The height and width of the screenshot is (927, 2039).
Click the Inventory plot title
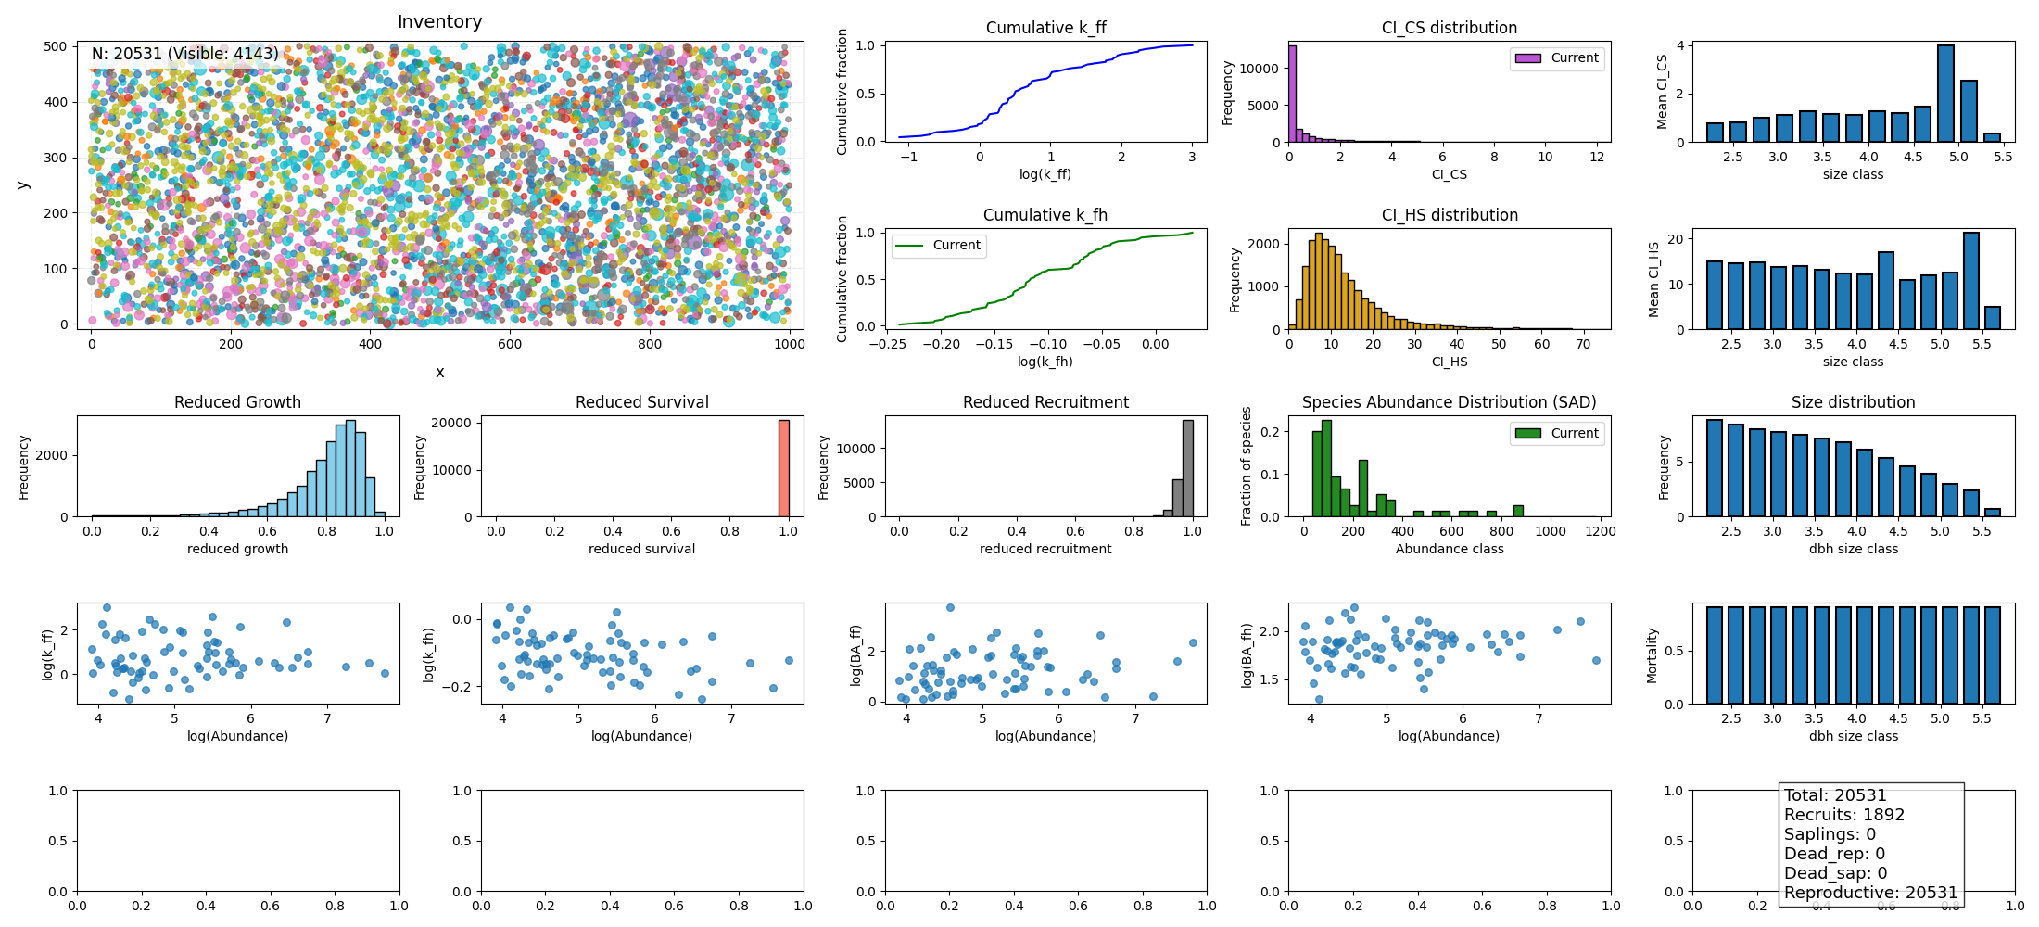(x=439, y=21)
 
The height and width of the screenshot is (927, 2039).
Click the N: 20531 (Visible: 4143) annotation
(x=184, y=54)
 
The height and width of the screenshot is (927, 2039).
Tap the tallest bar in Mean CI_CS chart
(x=1945, y=94)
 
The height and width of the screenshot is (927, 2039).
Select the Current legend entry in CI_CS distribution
(x=1557, y=57)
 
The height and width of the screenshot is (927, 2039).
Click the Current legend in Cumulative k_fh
(x=939, y=246)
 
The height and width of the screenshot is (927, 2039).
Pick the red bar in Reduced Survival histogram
(x=784, y=468)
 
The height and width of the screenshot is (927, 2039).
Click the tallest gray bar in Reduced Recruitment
(x=1188, y=468)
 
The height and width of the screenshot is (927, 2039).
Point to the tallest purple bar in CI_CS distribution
(x=1292, y=94)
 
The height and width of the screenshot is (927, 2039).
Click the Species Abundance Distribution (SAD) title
(x=1449, y=402)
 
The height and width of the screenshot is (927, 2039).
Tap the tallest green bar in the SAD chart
(x=1326, y=468)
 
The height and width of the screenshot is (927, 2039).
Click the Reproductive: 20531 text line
(x=1870, y=893)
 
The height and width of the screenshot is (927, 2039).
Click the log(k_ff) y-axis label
(x=48, y=654)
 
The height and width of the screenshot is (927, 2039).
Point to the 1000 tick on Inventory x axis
(x=790, y=344)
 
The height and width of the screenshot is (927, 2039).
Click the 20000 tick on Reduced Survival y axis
(x=452, y=423)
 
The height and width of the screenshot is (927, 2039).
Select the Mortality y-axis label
(x=1652, y=655)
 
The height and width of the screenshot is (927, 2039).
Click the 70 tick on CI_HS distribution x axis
(x=1583, y=344)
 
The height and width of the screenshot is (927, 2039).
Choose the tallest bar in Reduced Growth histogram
(x=350, y=468)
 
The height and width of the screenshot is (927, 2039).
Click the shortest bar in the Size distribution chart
(x=1993, y=513)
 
